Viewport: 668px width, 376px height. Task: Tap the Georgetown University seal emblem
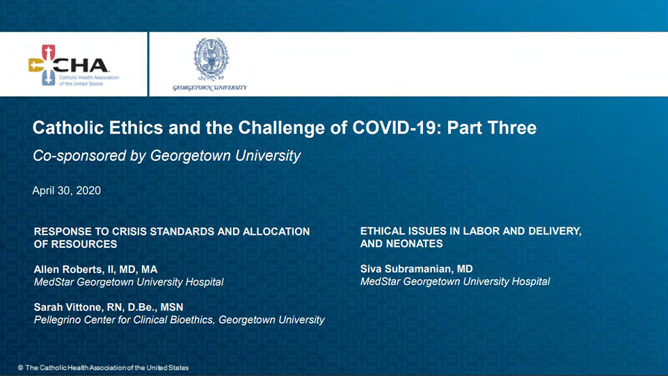[211, 58]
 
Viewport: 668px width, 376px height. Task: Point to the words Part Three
[492, 128]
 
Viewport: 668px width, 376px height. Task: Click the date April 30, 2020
[67, 190]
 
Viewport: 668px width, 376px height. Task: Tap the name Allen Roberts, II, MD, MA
[96, 269]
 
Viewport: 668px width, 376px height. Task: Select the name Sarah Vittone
[68, 307]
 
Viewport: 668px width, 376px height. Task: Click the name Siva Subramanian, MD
[417, 269]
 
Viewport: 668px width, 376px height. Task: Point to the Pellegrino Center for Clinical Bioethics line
[180, 320]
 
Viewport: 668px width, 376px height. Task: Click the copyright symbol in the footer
[20, 368]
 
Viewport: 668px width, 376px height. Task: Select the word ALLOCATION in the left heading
[276, 231]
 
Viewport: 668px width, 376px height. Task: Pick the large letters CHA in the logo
[82, 65]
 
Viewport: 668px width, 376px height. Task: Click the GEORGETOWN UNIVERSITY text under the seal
[209, 88]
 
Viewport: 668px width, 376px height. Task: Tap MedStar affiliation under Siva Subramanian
[455, 281]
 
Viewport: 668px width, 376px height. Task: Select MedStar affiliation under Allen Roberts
[129, 282]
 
